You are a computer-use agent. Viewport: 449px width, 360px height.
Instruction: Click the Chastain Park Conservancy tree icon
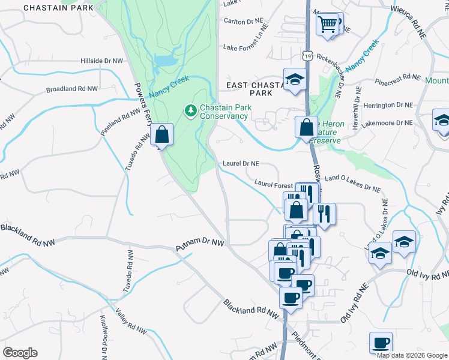[x=191, y=110]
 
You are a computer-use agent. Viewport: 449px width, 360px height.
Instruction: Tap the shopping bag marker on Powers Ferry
[x=162, y=134]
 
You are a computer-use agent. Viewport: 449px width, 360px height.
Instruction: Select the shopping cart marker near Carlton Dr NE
[x=328, y=25]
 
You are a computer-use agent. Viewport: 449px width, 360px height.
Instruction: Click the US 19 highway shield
[x=307, y=55]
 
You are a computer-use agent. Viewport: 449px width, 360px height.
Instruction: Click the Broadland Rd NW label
[x=72, y=89]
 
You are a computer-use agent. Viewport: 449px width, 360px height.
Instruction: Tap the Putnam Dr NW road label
[x=199, y=245]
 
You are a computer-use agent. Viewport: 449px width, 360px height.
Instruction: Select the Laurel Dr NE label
[x=241, y=163]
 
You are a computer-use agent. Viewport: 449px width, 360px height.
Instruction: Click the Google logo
[x=20, y=353]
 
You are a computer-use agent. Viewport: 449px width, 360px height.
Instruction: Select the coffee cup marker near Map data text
[x=381, y=343]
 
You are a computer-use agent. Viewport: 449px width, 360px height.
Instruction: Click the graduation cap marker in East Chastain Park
[x=295, y=80]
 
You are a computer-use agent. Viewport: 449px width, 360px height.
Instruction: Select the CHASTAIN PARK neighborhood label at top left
[x=59, y=8]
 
